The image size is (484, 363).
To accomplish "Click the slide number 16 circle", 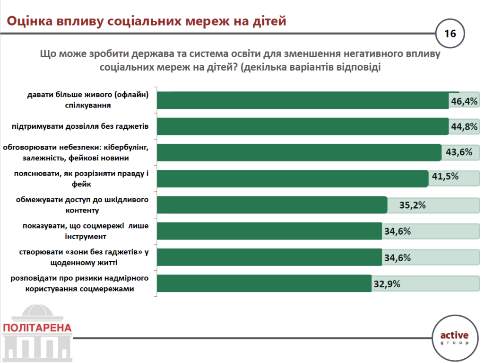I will (449, 34).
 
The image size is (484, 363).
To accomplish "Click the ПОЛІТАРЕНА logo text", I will (37, 328).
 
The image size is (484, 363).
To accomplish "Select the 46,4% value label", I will (464, 101).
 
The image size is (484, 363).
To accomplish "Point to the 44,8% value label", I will (464, 126).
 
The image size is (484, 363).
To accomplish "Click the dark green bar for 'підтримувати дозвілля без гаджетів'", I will (302, 126).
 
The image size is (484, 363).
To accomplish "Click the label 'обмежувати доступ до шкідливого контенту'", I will (82, 204).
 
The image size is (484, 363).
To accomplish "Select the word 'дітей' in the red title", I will (265, 21).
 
